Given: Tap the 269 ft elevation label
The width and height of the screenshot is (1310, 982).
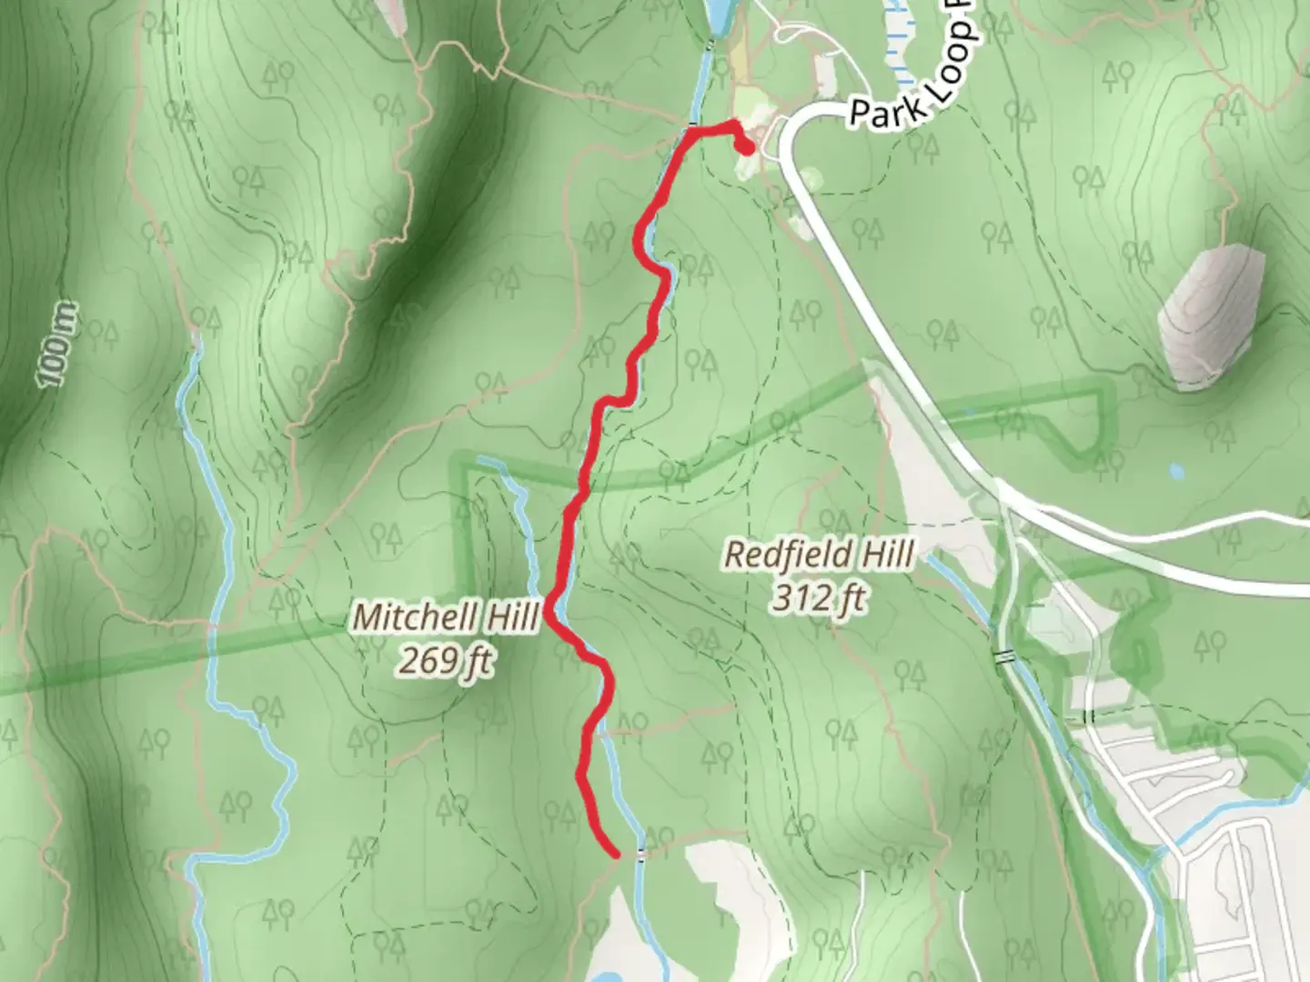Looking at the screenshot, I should pos(445,661).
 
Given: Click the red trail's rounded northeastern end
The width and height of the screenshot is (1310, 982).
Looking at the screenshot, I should pos(745,148).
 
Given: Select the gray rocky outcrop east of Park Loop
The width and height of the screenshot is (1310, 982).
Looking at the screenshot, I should pos(1211,314).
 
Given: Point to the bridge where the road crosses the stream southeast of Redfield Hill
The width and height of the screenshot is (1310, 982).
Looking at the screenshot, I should pos(1003,656).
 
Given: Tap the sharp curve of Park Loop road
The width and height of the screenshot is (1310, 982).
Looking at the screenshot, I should pos(790,132).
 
